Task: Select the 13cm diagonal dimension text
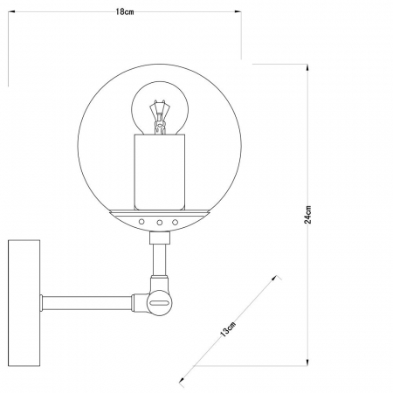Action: [228, 329]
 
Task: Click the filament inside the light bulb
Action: [160, 119]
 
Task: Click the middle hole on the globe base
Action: [161, 224]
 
